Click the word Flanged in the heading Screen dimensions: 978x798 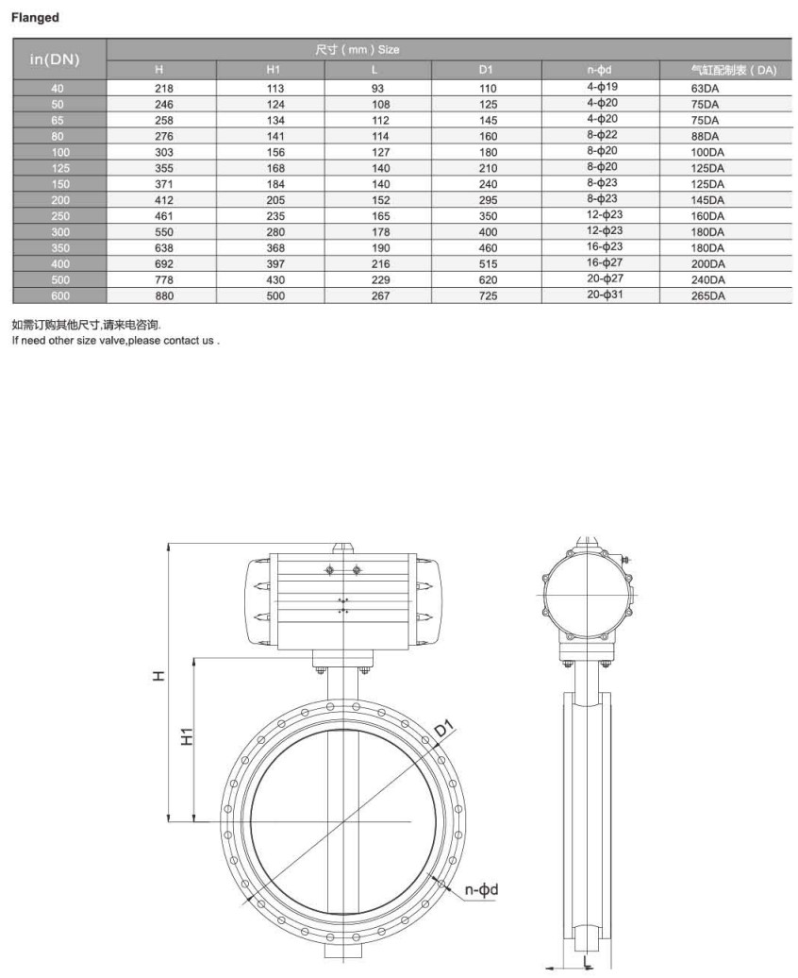[35, 17]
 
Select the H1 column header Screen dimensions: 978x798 [273, 70]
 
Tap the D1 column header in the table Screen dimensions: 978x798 [486, 70]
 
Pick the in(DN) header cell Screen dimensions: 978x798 [56, 59]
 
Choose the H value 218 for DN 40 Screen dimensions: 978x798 [163, 87]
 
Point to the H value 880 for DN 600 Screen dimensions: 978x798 [163, 295]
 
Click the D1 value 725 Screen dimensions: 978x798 [487, 295]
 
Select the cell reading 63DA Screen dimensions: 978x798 [705, 87]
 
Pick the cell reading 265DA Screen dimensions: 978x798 [707, 295]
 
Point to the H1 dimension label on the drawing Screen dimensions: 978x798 [186, 737]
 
